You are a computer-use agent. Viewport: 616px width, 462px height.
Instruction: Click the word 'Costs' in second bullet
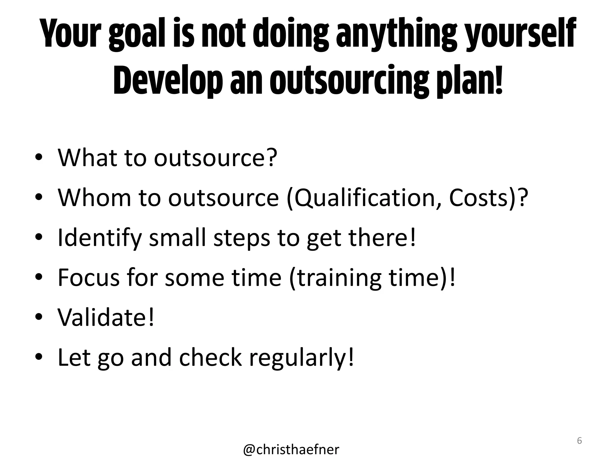[x=479, y=198]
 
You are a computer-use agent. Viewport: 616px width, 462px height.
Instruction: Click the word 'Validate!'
[x=106, y=317]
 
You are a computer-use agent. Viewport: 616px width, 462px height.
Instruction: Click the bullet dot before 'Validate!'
[x=39, y=317]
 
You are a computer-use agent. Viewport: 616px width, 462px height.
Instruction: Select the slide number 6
[x=579, y=441]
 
